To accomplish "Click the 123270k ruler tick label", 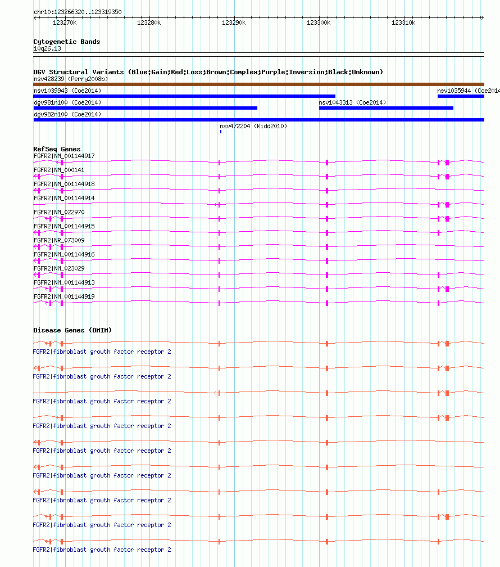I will [64, 22].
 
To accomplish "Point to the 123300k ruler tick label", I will [319, 22].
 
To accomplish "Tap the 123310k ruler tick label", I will [403, 22].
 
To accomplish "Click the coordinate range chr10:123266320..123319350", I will [78, 12].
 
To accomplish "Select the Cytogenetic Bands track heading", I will [67, 42].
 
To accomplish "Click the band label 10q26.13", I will [47, 49].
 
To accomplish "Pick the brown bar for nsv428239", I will [258, 84].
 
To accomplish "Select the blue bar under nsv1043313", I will [386, 108].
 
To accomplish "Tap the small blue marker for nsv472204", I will [221, 132].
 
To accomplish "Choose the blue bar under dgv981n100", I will [145, 108].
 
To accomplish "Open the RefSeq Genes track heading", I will [57, 149].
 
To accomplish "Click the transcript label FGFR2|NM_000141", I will [59, 170].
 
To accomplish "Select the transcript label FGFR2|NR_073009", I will [59, 240].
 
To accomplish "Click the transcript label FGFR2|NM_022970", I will [59, 212].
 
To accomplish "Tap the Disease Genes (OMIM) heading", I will [72, 330].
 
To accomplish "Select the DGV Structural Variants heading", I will [208, 72].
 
